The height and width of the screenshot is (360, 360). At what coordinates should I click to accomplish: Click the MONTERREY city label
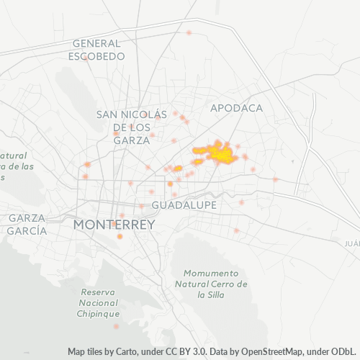tap(114, 225)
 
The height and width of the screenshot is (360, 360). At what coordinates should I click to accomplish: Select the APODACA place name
tap(236, 108)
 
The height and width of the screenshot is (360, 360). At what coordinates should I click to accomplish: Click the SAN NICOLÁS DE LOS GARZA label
tap(132, 127)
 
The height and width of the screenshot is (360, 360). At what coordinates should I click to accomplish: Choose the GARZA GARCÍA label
tap(27, 224)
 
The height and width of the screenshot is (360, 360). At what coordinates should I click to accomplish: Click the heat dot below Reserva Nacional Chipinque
tap(116, 326)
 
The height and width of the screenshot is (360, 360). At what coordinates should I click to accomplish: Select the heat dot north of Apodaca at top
tap(189, 32)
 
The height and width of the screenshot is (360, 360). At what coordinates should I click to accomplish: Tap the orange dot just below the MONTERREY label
tap(120, 236)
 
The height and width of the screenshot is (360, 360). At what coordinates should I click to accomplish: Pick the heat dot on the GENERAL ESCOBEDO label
tap(86, 58)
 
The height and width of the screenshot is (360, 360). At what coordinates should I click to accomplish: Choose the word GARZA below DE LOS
tap(132, 140)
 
